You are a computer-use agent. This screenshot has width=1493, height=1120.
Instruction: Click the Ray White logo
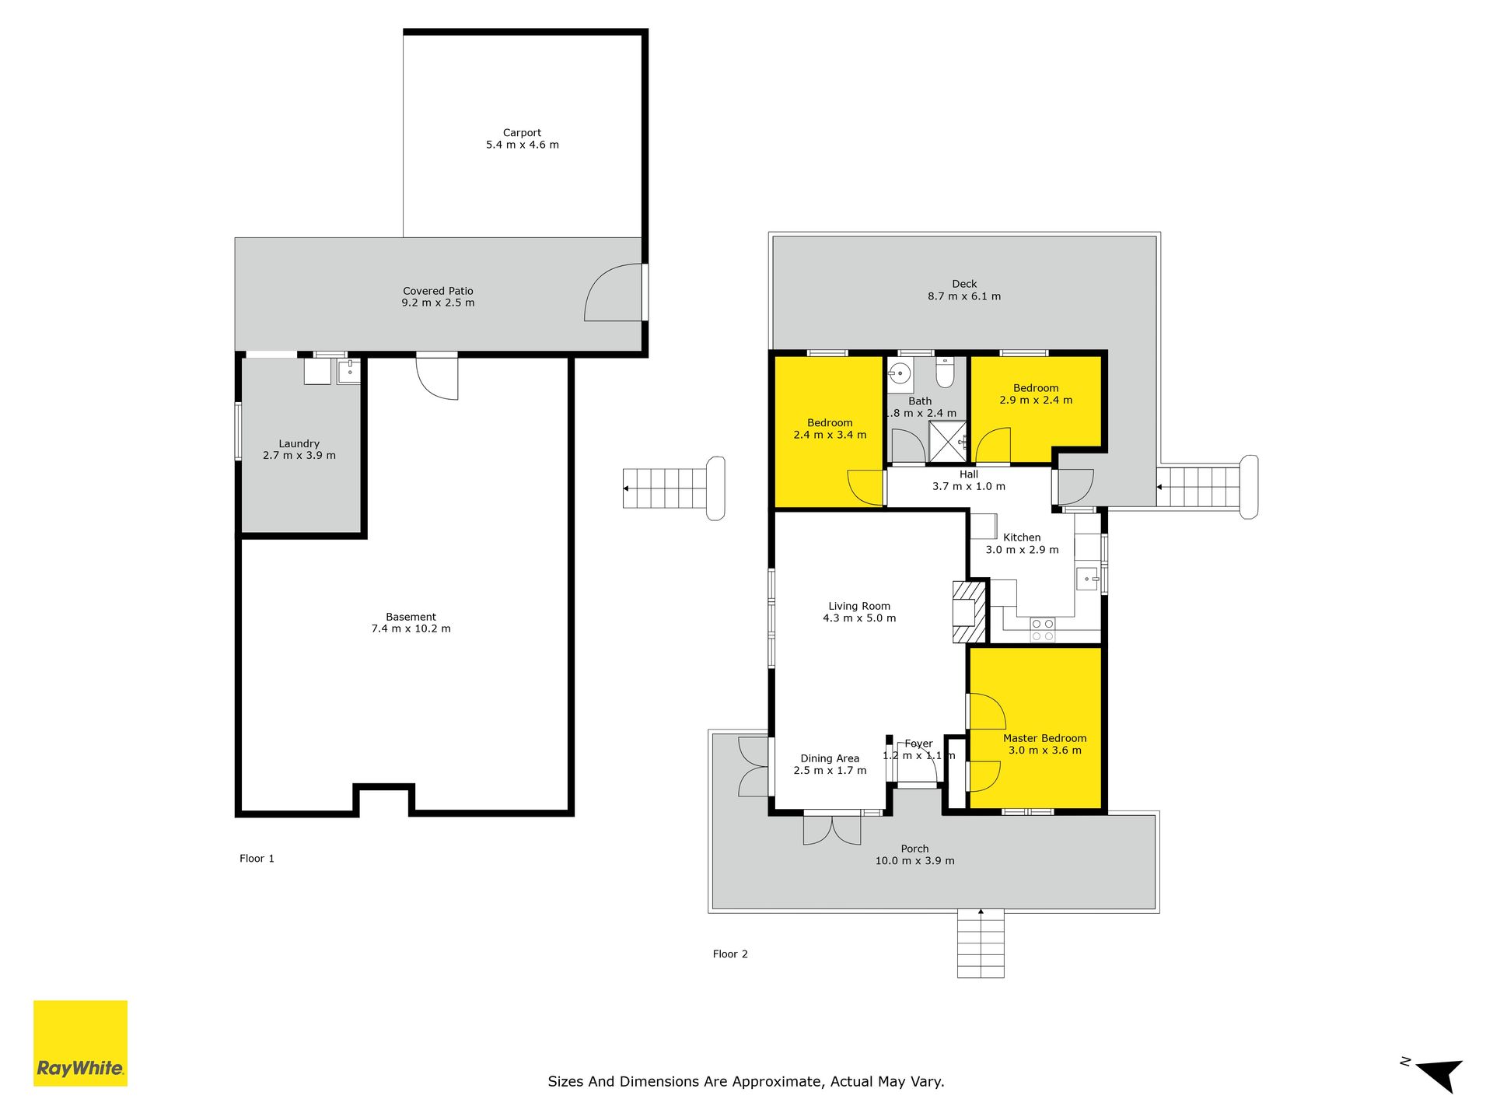[80, 1043]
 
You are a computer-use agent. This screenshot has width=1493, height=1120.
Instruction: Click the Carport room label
[522, 133]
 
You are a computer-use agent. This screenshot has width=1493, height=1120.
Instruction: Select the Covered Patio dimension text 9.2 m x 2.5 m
[438, 303]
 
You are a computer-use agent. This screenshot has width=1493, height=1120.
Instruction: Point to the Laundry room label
[299, 443]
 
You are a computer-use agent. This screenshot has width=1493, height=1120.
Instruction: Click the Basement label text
[411, 617]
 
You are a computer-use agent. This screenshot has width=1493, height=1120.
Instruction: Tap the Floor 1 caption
[257, 859]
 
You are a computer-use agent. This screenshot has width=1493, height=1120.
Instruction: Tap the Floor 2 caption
[730, 954]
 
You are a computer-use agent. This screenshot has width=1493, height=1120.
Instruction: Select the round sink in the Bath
[900, 374]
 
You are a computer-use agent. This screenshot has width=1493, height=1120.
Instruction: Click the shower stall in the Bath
[947, 442]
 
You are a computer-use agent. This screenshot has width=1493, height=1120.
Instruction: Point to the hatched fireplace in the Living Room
[970, 612]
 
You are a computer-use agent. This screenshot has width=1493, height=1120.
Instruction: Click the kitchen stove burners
[1043, 630]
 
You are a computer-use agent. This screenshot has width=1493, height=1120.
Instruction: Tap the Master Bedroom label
[1044, 738]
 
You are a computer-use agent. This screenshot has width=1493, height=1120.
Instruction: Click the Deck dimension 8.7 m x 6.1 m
[964, 296]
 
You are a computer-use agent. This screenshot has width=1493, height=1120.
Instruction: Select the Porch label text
[914, 849]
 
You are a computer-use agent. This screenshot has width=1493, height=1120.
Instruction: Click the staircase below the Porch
[981, 943]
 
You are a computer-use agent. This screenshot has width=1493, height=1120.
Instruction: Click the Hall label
[969, 474]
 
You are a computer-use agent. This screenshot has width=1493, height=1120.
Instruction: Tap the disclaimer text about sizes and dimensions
[746, 1082]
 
